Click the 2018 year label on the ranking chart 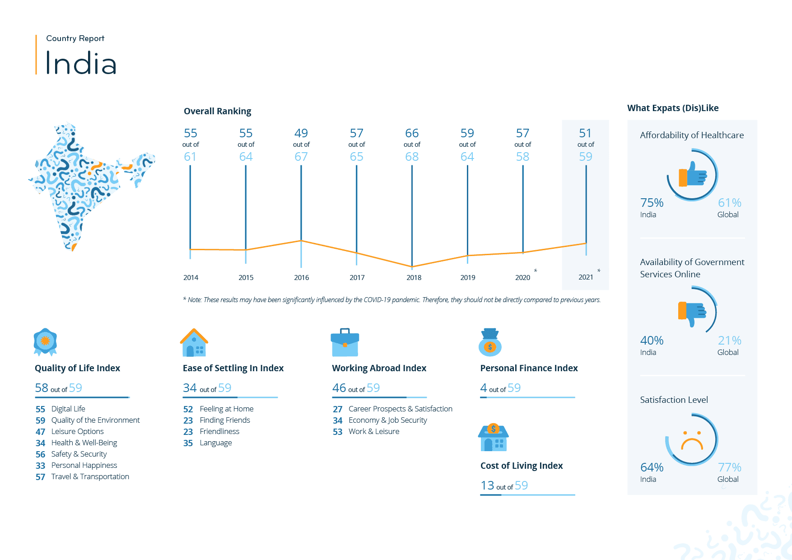[x=414, y=277]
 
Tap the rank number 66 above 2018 [x=412, y=133]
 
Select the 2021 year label [x=586, y=277]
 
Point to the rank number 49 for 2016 [x=301, y=133]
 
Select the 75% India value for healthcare [x=652, y=203]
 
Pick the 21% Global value [x=729, y=341]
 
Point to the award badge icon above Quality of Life [x=45, y=342]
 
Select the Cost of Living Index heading [x=522, y=466]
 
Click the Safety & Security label [x=79, y=454]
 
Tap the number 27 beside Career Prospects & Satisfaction [x=338, y=409]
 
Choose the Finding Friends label [x=225, y=420]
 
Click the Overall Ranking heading [x=217, y=111]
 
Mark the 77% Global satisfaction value [x=729, y=467]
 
